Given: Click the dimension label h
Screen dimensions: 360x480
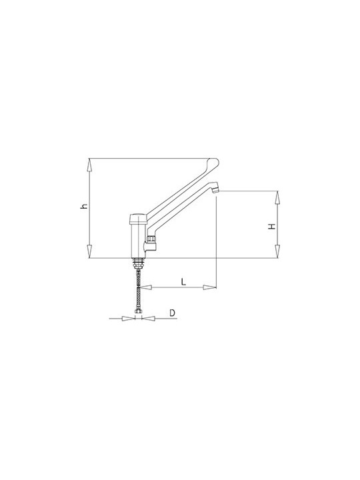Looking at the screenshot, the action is [x=85, y=206].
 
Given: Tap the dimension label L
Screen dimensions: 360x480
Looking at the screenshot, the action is [x=183, y=281].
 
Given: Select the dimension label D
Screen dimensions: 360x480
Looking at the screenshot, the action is [x=173, y=313].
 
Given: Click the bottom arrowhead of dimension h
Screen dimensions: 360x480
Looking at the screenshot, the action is [x=89, y=251].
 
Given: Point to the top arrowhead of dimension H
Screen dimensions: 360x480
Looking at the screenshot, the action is [x=277, y=197].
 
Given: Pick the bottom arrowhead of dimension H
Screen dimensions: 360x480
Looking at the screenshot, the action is [x=277, y=251].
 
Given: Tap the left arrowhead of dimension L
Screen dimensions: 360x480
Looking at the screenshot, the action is [x=147, y=287].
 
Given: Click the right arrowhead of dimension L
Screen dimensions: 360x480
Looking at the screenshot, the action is [x=210, y=287].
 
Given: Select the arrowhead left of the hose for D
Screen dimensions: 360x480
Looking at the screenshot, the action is [x=129, y=319].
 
